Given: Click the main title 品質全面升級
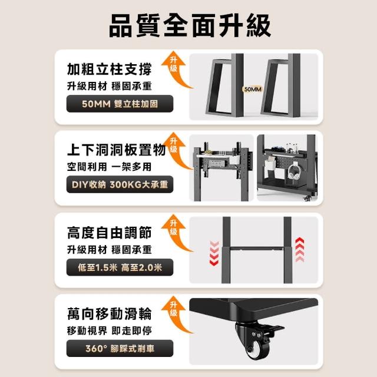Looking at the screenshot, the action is (190, 25).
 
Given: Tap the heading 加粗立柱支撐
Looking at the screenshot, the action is (110, 70).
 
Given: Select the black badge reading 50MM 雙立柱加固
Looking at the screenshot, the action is (120, 104).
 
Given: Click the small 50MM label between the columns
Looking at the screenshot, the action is (253, 90).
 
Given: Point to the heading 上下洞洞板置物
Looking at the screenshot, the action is (117, 150).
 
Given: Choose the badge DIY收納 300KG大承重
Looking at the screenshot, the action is (120, 184).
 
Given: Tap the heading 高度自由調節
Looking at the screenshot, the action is (110, 233).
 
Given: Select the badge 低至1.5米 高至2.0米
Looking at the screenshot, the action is (120, 267).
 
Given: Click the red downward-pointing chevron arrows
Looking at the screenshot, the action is (214, 253).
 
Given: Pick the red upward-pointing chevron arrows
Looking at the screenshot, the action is (300, 250).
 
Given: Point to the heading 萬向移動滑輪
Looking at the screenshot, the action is (110, 314).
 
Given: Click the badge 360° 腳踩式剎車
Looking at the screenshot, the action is (120, 348).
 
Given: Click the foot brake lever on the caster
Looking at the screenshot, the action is (276, 329).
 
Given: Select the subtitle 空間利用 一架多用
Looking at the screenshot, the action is (110, 167).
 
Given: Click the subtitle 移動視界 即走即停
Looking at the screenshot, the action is (110, 331).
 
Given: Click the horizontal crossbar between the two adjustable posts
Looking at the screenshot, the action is (257, 249).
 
